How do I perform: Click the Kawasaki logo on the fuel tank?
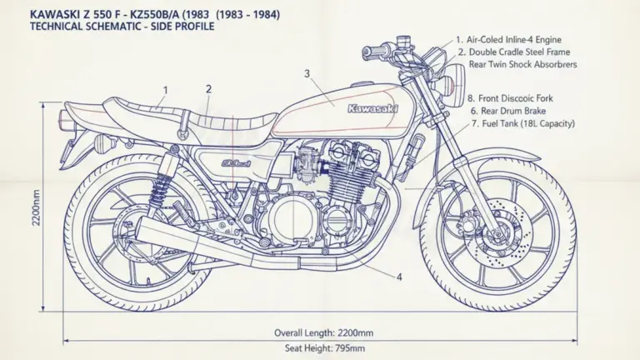(372, 108)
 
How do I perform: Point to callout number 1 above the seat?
(165, 90)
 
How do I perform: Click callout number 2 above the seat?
(208, 89)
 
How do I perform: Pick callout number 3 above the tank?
(307, 74)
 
